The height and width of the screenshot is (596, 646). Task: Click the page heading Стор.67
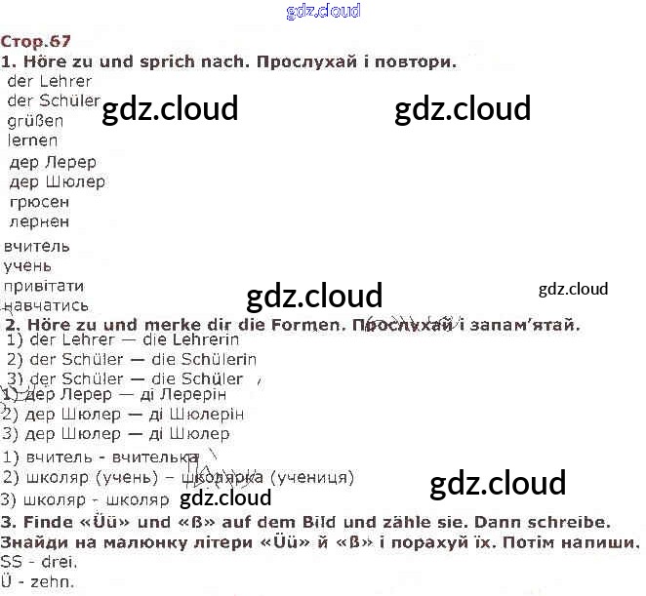[36, 41]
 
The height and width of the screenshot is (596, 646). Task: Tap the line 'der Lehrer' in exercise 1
[49, 82]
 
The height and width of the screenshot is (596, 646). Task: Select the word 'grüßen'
[35, 122]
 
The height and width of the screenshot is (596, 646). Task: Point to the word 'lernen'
[32, 141]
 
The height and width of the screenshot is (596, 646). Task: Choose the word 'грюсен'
[39, 202]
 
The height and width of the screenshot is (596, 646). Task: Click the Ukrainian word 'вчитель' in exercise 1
[37, 247]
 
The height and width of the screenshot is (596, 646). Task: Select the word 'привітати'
[43, 286]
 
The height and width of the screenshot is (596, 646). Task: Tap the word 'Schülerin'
[212, 359]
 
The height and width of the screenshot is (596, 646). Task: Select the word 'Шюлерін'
[200, 415]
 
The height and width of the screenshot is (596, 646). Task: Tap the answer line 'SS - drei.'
[39, 562]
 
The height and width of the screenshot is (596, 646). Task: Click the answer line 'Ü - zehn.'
[37, 582]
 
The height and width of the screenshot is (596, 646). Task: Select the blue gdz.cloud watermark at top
[323, 12]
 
